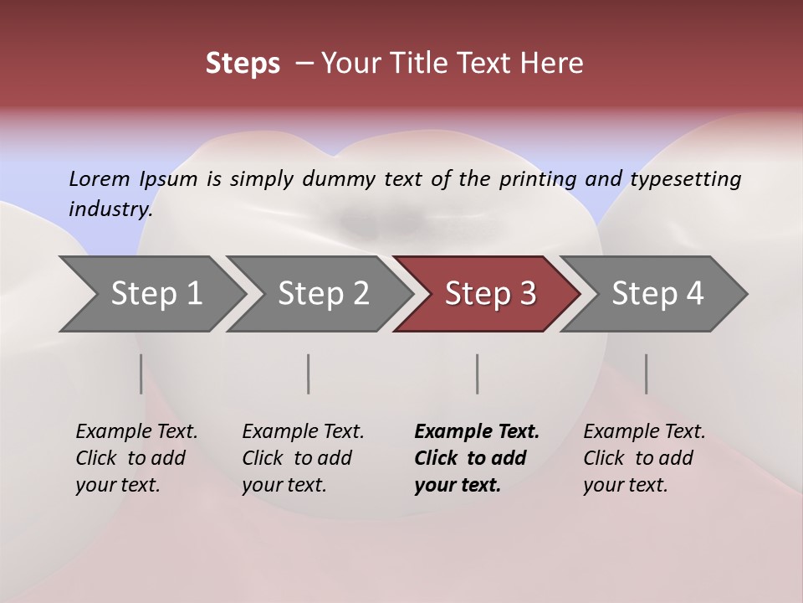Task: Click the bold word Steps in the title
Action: [243, 64]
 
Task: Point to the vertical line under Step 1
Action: [141, 374]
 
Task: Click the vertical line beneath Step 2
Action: [309, 374]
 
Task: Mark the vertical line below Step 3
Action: [477, 374]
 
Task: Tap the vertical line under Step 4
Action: [646, 374]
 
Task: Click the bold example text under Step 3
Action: [476, 458]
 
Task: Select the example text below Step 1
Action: [136, 458]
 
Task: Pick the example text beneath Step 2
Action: [303, 458]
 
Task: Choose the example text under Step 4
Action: [644, 458]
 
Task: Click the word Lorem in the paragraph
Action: [99, 178]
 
